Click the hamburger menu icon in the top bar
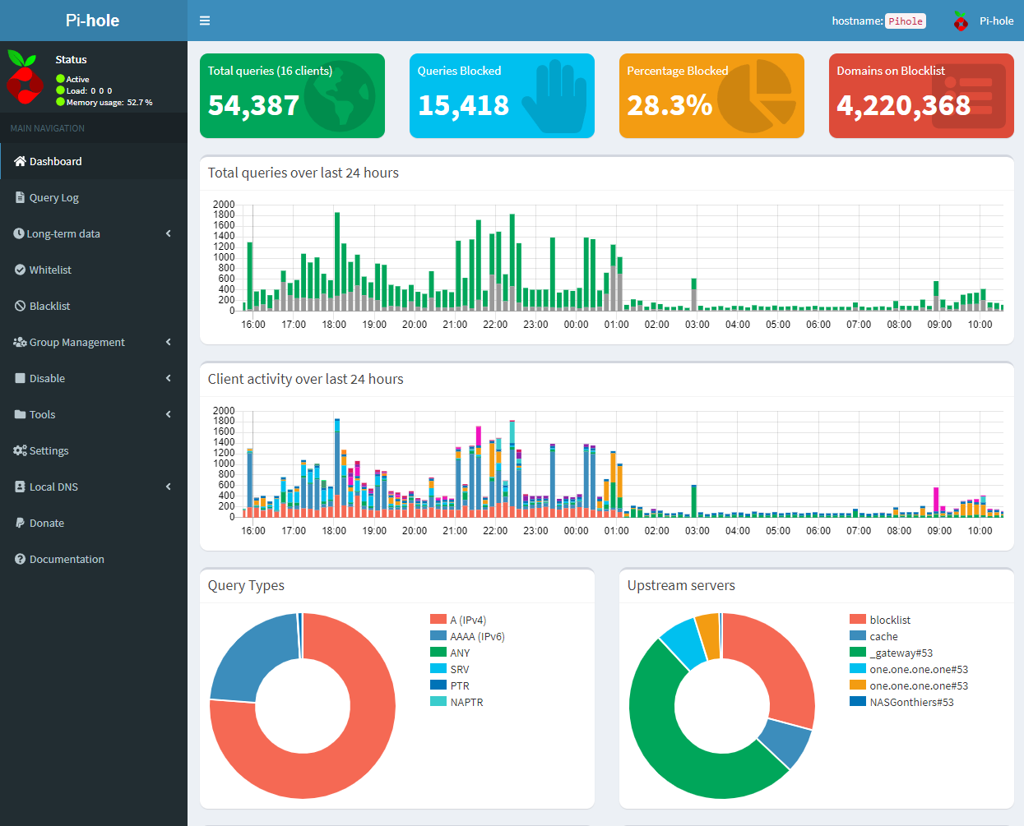tap(205, 21)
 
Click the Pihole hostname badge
tap(906, 21)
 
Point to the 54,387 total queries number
tap(254, 105)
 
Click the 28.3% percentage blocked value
tap(670, 105)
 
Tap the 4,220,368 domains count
tap(903, 105)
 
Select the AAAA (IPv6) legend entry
tap(467, 636)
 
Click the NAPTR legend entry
tap(456, 702)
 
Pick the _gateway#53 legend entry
tap(891, 653)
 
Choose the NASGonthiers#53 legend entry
tap(901, 702)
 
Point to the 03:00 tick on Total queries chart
tap(697, 325)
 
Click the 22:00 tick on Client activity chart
tap(495, 531)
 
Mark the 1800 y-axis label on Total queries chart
tap(224, 215)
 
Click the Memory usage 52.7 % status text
tap(109, 102)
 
